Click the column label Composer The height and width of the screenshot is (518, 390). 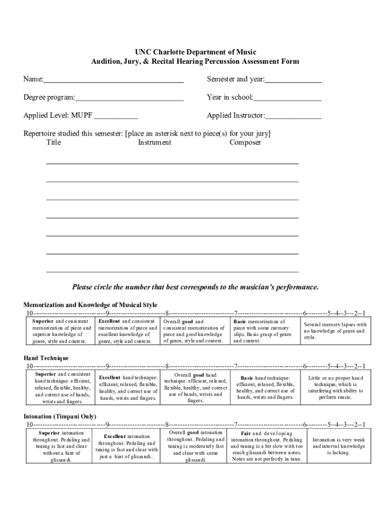[x=245, y=143]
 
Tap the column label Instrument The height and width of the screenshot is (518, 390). [x=154, y=143]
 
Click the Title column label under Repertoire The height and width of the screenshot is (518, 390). [x=53, y=143]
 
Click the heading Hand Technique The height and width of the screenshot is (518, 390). [x=46, y=358]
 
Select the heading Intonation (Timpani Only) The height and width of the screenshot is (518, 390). [x=60, y=416]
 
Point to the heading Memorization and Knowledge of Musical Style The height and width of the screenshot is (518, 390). [x=90, y=305]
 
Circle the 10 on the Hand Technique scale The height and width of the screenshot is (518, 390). [x=30, y=366]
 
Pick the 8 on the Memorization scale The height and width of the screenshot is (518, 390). [x=167, y=313]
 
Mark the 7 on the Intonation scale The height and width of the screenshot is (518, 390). [x=236, y=424]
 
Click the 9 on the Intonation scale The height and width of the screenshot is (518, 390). [x=107, y=424]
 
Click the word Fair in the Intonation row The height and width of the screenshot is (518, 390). [x=246, y=434]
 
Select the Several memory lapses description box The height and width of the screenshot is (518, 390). [x=335, y=331]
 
